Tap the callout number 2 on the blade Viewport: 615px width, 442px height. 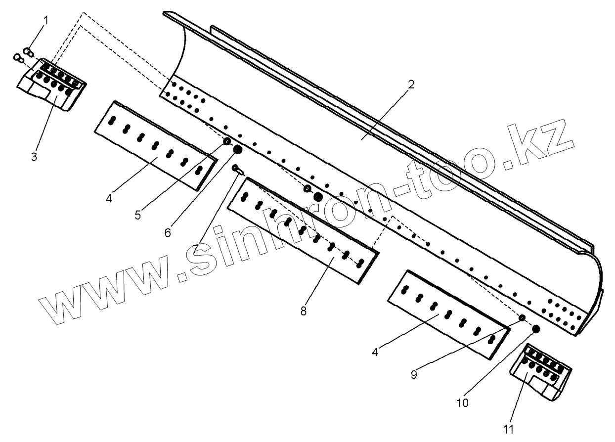(x=410, y=84)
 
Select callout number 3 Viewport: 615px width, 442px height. (x=34, y=157)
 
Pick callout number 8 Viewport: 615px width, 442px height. (x=303, y=311)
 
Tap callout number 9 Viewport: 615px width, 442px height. (x=413, y=374)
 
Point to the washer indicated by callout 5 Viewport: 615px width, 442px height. (x=227, y=142)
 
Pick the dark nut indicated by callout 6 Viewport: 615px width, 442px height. (x=237, y=149)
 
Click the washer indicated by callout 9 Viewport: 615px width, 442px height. (x=522, y=318)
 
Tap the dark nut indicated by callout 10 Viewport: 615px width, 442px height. (x=535, y=328)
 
